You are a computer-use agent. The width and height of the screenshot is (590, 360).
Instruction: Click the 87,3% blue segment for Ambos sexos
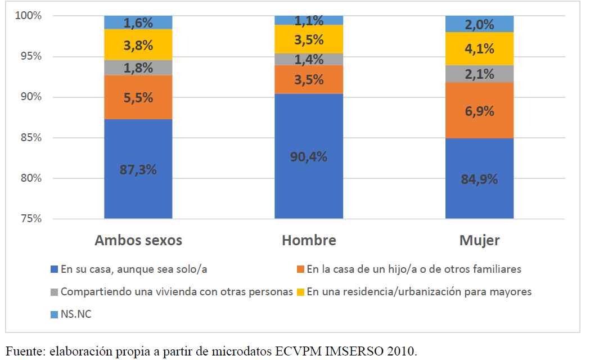138,169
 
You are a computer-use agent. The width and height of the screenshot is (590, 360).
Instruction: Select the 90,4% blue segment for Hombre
309,156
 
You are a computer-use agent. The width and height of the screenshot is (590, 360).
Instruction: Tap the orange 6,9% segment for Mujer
479,110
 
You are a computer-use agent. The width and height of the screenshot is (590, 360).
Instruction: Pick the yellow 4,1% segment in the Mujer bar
479,49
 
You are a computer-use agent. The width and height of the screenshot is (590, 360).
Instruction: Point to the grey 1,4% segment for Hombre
309,59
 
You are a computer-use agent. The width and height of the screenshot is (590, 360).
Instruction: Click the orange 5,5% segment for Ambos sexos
138,97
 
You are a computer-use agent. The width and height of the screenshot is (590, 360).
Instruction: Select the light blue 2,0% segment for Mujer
479,24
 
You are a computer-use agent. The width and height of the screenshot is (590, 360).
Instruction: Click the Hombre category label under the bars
309,241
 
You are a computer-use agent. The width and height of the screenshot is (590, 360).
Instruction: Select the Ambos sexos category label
138,241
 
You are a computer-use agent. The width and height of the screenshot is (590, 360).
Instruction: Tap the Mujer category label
479,241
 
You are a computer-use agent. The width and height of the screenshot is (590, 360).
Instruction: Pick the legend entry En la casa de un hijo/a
414,269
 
